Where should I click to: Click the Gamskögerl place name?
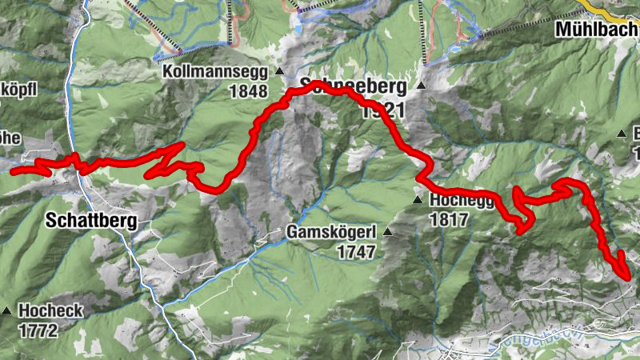pyautogui.click(x=331, y=233)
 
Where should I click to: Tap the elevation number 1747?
pyautogui.click(x=356, y=252)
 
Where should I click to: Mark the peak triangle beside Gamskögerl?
pyautogui.click(x=388, y=233)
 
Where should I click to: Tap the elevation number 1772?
pyautogui.click(x=39, y=329)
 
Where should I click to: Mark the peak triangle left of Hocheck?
pyautogui.click(x=7, y=310)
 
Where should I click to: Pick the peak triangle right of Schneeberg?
pyautogui.click(x=420, y=86)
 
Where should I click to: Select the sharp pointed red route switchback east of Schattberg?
pyautogui.click(x=183, y=145)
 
